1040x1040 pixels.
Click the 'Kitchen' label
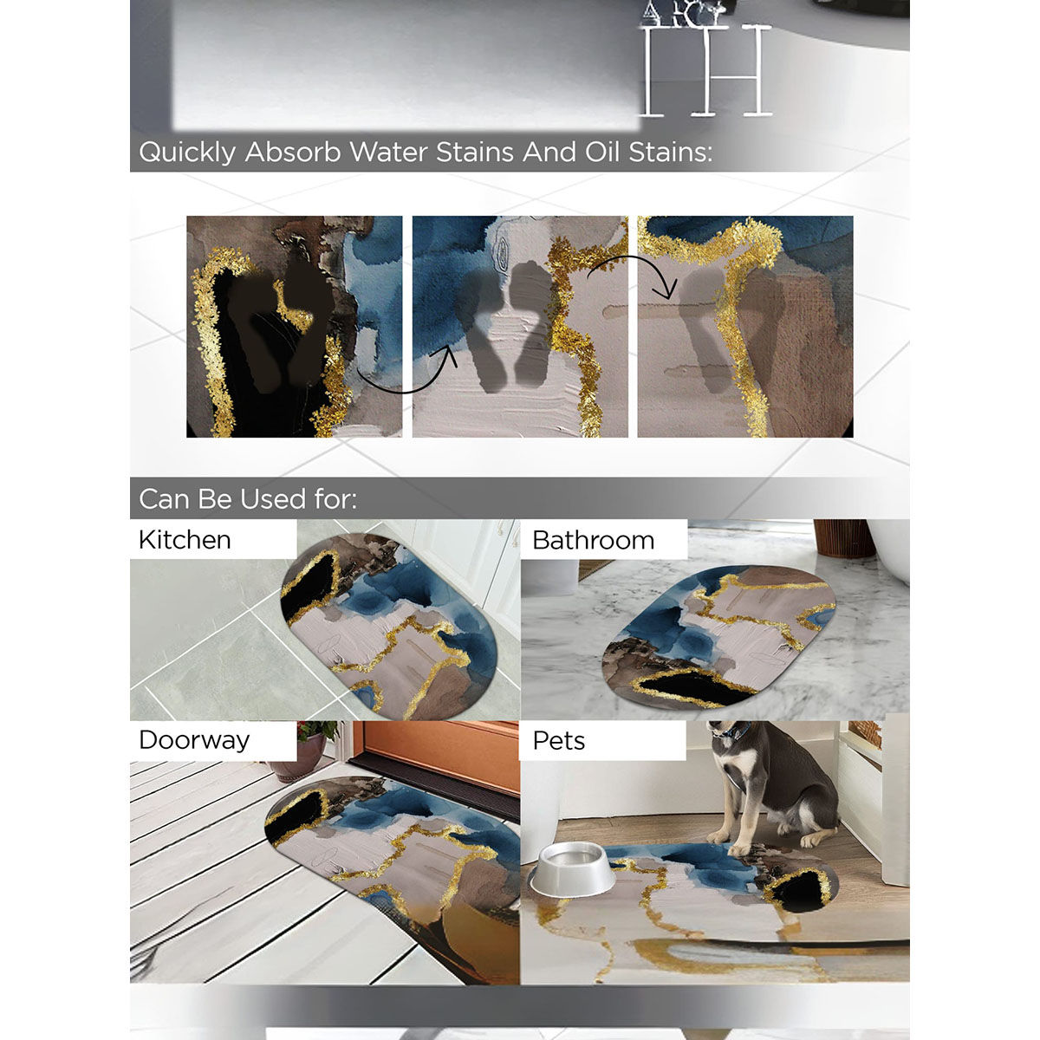(185, 540)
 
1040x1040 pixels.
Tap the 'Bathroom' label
(593, 540)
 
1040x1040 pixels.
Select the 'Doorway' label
(194, 740)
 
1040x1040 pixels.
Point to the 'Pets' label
(558, 741)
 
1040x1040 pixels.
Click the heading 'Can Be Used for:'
(248, 499)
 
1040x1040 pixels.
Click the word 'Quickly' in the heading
(187, 153)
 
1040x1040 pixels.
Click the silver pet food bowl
(572, 870)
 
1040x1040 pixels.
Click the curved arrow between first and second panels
(407, 377)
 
